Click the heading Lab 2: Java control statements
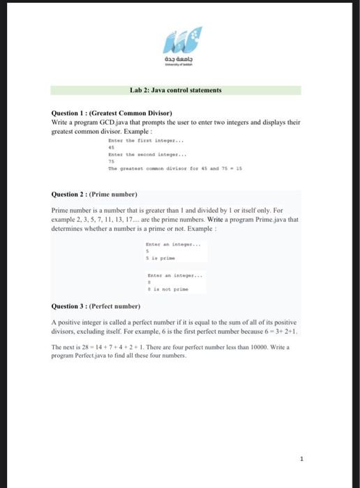click(x=176, y=91)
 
